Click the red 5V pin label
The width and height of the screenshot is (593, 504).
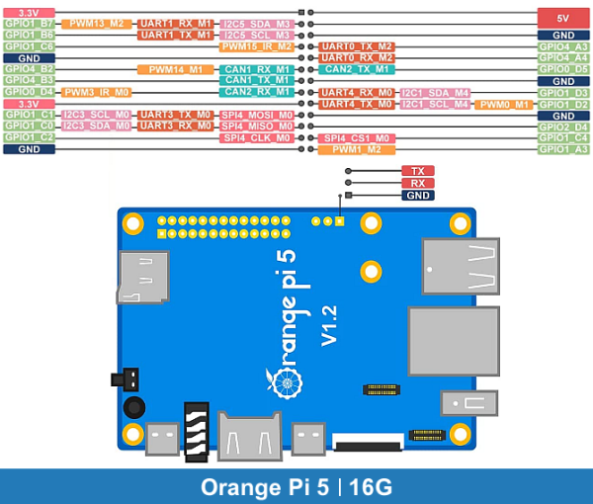click(563, 17)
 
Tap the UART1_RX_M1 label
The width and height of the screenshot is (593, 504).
click(175, 23)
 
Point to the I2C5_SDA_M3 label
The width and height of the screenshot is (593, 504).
click(257, 23)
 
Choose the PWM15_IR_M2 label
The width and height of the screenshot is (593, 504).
click(257, 45)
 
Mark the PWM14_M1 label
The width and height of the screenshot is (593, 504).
click(175, 69)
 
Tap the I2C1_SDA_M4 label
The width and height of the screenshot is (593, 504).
click(436, 92)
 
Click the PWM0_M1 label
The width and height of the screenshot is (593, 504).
click(504, 104)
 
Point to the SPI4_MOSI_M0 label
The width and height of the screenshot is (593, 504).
click(257, 115)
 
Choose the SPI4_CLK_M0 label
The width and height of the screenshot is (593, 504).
click(257, 138)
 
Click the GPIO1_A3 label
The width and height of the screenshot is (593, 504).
click(563, 149)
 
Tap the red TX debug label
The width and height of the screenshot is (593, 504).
click(418, 171)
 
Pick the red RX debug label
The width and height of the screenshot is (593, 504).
click(418, 183)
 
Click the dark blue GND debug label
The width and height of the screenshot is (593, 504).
click(418, 196)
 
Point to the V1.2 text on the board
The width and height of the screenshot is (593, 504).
click(329, 324)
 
